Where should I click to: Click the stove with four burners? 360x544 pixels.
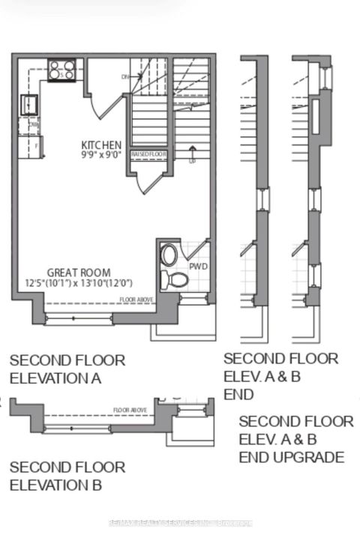(61, 70)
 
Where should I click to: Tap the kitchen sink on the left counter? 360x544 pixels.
(28, 103)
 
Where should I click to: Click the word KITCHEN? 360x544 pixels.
(102, 144)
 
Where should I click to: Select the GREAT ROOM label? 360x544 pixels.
(79, 273)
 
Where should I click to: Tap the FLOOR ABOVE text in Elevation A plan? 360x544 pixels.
(137, 300)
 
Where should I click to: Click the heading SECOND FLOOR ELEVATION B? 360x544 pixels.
(67, 476)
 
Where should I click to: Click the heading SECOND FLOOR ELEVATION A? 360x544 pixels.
(67, 369)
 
